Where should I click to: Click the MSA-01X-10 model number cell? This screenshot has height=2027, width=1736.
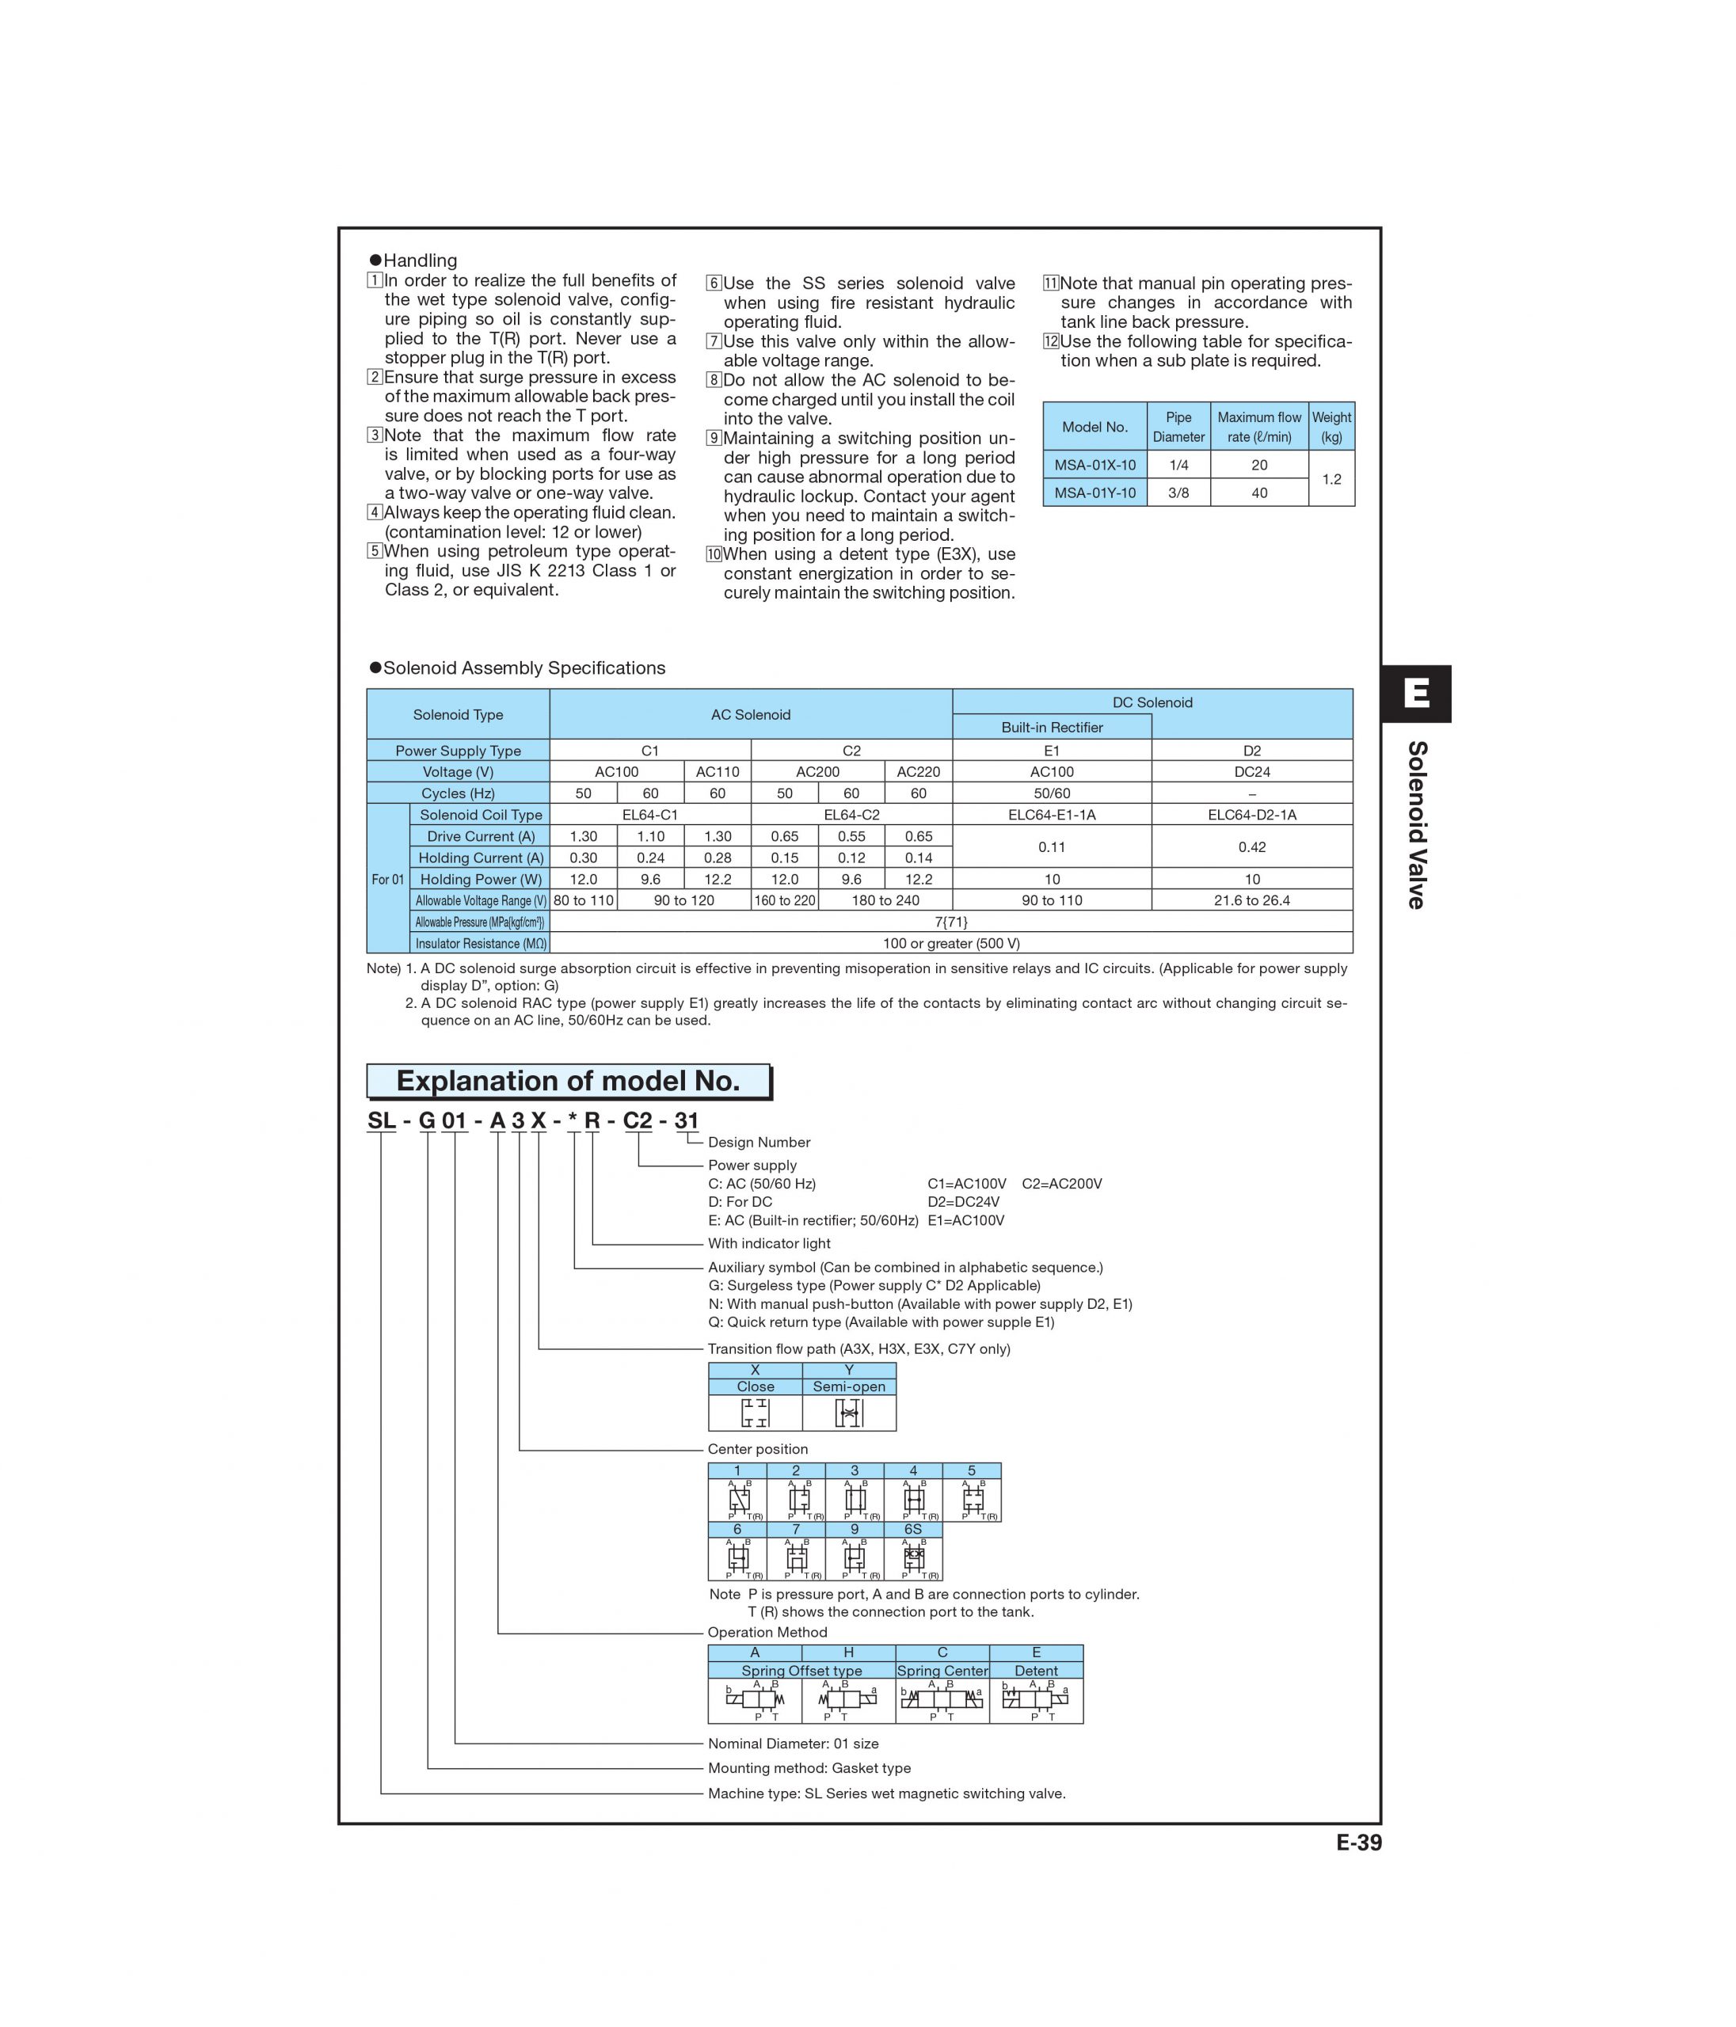coord(1094,465)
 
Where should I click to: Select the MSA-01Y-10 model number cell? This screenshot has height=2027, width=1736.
coord(1094,492)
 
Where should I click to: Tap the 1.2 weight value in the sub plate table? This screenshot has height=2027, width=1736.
coord(1331,478)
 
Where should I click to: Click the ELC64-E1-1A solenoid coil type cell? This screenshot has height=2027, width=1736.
coord(1051,814)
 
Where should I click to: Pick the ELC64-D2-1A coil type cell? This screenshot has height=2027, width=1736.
coord(1251,814)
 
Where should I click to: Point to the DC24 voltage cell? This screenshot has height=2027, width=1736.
coord(1251,771)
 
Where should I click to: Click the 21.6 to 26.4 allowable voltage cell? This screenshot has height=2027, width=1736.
coord(1251,900)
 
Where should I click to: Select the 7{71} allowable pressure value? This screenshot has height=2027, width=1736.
coord(951,922)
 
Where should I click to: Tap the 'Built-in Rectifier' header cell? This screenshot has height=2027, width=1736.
coord(1051,727)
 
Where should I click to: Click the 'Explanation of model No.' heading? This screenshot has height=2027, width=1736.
coord(568,1081)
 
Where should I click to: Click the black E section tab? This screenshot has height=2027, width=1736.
coord(1415,694)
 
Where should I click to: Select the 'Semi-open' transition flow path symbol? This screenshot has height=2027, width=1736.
coord(848,1413)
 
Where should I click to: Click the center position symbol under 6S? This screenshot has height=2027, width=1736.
coord(913,1558)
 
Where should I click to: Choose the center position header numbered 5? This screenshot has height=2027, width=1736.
coord(971,1470)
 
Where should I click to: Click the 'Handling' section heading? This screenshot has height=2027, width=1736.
coord(420,261)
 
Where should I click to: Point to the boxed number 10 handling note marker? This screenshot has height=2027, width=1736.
coord(714,555)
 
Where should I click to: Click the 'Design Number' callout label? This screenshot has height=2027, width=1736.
coord(759,1142)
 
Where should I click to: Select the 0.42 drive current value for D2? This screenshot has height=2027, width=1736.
coord(1251,846)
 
